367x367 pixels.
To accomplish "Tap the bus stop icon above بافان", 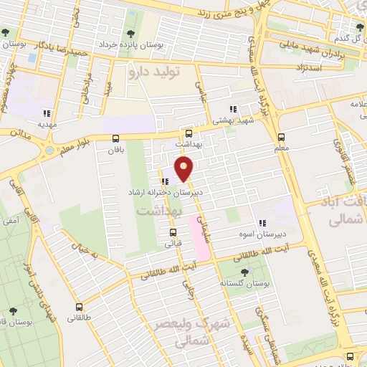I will tap(116, 138).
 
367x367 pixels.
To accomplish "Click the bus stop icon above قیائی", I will tap(173, 232).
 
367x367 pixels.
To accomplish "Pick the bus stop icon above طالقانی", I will tap(79, 305).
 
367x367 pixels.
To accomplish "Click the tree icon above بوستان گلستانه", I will tap(244, 272).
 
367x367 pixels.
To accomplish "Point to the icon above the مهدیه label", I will tap(47, 113).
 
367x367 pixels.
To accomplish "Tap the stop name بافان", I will tap(116, 151).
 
